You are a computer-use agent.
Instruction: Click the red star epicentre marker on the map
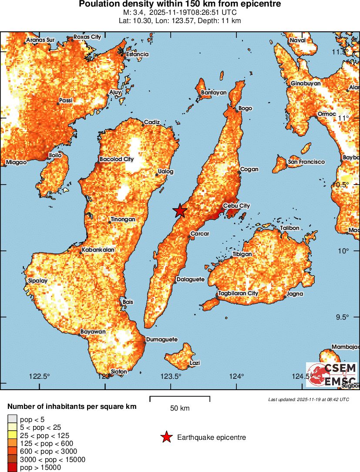(180, 211)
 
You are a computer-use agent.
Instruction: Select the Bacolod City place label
(117, 159)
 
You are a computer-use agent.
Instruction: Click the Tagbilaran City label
(238, 293)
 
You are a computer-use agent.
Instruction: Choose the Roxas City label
(87, 37)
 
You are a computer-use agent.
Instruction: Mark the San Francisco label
(306, 162)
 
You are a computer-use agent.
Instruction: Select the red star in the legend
(166, 437)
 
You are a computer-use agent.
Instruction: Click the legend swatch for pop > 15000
(12, 468)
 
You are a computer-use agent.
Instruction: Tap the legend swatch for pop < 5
(12, 419)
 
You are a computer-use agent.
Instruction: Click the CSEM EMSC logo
(332, 374)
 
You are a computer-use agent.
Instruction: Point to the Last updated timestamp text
(309, 399)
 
